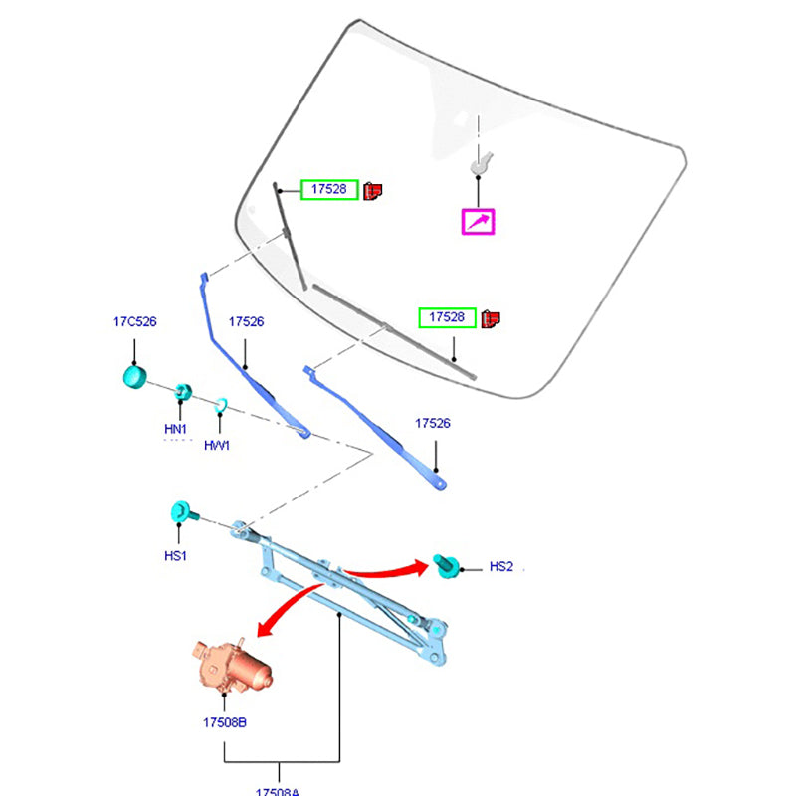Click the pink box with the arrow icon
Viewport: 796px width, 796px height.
[x=479, y=221]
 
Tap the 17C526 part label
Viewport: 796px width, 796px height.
[x=134, y=322]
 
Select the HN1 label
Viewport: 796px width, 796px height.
[x=176, y=429]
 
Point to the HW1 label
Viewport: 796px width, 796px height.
[x=217, y=445]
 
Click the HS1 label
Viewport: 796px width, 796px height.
[x=176, y=555]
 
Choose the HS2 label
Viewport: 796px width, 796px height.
[x=501, y=566]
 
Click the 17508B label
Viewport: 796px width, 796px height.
[x=225, y=722]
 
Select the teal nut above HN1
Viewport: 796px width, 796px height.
[x=182, y=390]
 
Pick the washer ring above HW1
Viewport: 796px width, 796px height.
[x=221, y=404]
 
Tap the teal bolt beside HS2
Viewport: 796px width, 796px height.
[x=448, y=565]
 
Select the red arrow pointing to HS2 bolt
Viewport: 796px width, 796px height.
[x=388, y=568]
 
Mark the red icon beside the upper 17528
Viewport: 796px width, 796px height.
[x=373, y=189]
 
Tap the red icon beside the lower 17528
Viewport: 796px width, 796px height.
[x=490, y=318]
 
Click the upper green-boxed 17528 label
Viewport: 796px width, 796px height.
[x=328, y=188]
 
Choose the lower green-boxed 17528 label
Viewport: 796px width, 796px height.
[x=447, y=317]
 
